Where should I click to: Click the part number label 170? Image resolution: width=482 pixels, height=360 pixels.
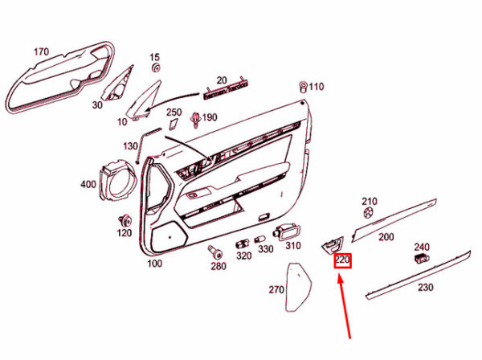(x=40, y=52)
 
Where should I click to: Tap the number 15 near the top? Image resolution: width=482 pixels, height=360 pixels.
(x=155, y=58)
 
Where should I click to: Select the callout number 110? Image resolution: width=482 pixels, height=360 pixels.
(x=316, y=87)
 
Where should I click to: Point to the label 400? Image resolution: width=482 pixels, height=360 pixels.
(x=88, y=185)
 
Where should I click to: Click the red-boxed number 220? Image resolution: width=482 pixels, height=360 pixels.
(x=343, y=260)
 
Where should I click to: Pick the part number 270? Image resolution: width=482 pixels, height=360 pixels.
(x=276, y=289)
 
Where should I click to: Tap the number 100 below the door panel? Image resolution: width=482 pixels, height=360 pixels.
(x=154, y=264)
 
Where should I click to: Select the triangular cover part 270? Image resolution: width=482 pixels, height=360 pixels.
(x=300, y=285)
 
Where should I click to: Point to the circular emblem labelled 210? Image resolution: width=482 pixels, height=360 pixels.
(x=368, y=214)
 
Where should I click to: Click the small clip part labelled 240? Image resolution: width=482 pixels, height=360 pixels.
(x=422, y=258)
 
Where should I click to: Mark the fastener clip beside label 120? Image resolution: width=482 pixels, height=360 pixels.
(x=125, y=220)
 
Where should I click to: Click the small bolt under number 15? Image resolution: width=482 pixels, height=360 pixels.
(x=155, y=70)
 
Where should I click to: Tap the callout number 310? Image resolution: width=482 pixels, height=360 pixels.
(x=292, y=246)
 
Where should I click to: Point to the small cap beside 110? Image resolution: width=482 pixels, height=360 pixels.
(x=303, y=85)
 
